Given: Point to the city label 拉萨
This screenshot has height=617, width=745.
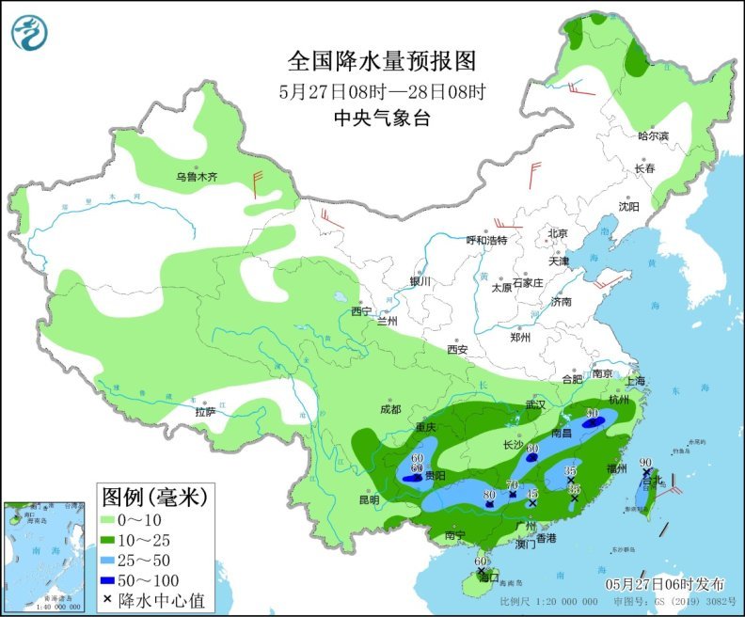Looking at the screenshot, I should click(205, 412).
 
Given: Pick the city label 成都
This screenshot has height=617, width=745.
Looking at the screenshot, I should click(390, 409).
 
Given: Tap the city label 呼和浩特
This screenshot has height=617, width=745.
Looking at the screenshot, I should click(486, 240).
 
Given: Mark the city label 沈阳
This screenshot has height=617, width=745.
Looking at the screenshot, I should click(628, 206).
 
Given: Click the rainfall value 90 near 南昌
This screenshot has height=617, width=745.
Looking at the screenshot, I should click(593, 413).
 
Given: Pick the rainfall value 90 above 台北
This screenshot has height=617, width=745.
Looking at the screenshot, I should click(646, 462).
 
